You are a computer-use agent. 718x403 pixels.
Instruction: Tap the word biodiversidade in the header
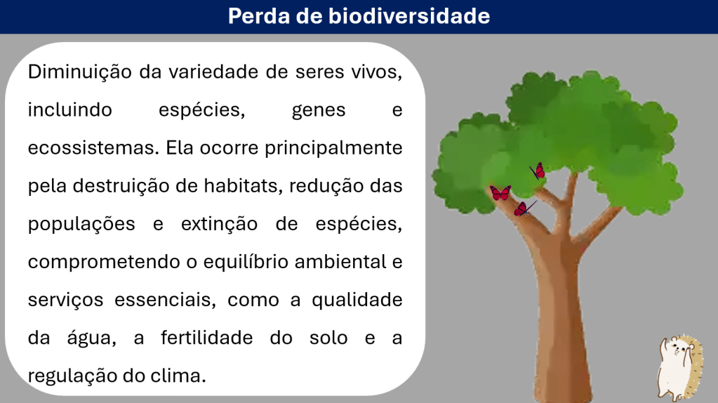[409, 16]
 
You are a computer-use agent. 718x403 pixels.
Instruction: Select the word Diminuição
[80, 72]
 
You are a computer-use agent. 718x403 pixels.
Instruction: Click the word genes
[319, 111]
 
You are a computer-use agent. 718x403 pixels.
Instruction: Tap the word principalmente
[333, 148]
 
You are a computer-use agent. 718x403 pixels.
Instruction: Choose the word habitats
[243, 186]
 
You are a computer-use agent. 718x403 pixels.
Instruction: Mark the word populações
[81, 225]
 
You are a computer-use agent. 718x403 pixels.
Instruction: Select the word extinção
[220, 225]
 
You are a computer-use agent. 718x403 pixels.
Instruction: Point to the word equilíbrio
[246, 263]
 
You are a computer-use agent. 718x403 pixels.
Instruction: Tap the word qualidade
[357, 300]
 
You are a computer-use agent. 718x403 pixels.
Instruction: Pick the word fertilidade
[206, 338]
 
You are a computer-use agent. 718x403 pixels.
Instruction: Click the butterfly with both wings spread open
[500, 193]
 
